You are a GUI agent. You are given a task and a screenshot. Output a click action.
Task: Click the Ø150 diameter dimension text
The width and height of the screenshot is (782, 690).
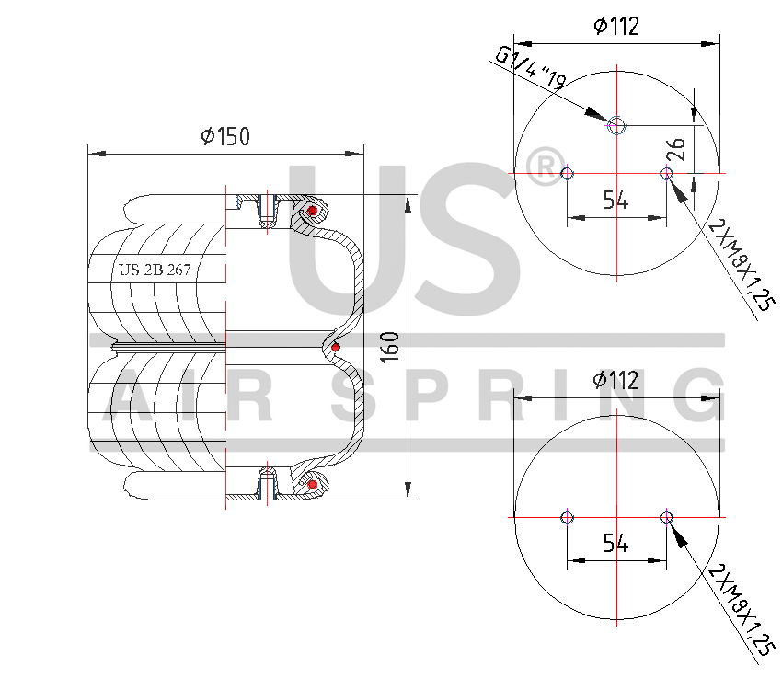point(225,136)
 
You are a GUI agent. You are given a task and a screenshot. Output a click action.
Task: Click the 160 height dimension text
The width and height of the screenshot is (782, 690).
point(390,348)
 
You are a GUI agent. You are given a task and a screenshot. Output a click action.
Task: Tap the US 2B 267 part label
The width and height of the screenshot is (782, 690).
point(155,270)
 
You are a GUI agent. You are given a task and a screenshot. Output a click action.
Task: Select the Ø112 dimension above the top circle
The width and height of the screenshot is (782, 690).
point(615,26)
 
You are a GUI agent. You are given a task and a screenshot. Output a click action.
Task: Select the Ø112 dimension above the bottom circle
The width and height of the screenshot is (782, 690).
point(615,380)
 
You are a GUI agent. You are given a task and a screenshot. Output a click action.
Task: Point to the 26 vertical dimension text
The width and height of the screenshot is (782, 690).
point(676,149)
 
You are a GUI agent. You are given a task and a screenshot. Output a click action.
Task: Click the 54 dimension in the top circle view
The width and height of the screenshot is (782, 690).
point(615,200)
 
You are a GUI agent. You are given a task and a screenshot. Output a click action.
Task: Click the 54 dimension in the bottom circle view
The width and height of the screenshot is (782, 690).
point(615,543)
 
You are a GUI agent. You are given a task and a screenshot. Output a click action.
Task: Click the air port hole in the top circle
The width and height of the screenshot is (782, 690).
point(617,126)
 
